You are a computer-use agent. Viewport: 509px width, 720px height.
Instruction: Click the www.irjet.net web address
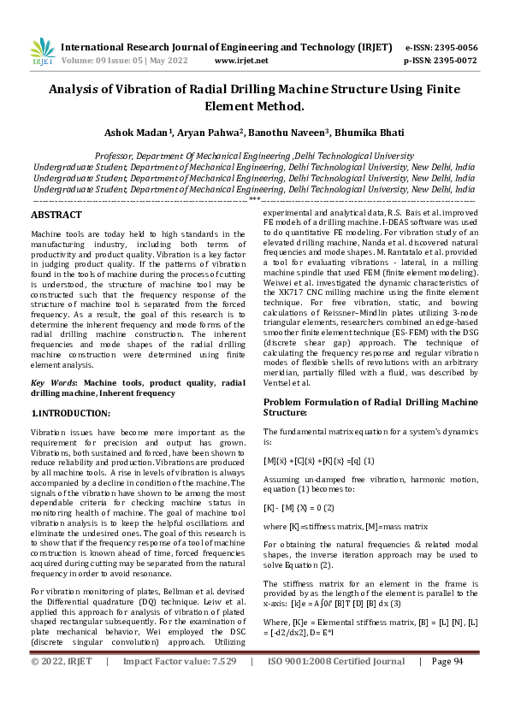pos(241,61)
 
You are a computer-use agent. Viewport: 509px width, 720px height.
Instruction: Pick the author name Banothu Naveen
pos(287,133)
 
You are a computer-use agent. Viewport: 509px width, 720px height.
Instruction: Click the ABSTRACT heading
pos(56,215)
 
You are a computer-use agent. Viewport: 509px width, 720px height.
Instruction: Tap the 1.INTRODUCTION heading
pos(71,413)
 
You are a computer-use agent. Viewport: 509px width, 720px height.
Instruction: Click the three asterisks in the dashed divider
pos(254,198)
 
